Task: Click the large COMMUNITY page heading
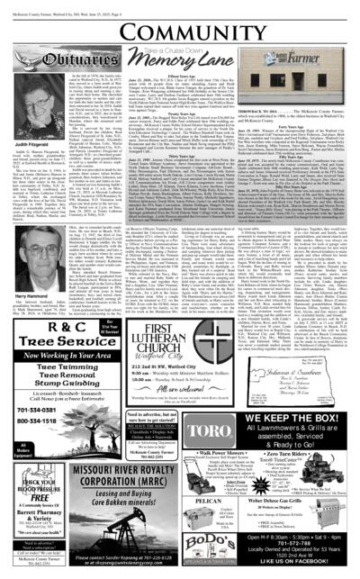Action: point(180,24)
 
